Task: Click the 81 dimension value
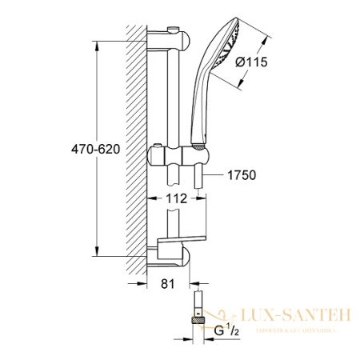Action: point(166,282)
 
